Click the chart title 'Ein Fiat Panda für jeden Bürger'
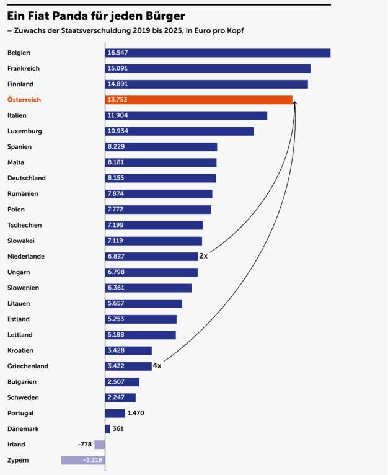tap(95, 14)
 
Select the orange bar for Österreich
tap(198, 100)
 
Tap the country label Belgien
tap(19, 53)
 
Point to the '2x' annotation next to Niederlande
tap(203, 256)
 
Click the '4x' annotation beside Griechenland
tap(157, 366)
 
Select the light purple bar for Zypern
tap(82, 460)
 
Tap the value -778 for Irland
tap(85, 445)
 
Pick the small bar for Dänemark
tap(108, 428)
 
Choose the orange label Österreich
tap(24, 100)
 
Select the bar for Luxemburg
tap(179, 131)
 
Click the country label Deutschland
tap(27, 178)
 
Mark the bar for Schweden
tap(120, 397)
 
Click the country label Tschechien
tap(25, 225)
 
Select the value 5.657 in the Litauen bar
tap(116, 303)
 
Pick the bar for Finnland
tap(206, 84)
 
